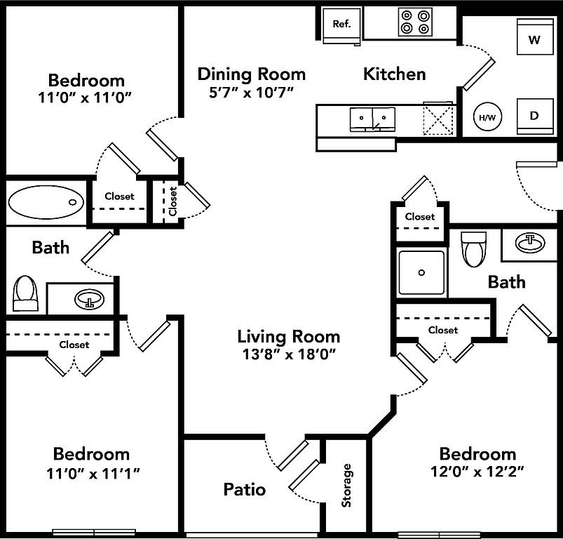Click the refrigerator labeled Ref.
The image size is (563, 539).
341,24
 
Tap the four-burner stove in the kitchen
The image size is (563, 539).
414,22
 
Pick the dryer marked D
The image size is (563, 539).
534,116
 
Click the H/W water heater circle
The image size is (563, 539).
487,117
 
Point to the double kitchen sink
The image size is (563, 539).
372,119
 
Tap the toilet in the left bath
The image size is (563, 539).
25,293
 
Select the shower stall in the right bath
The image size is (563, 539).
421,272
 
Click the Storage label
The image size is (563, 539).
346,485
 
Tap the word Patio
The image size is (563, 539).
245,489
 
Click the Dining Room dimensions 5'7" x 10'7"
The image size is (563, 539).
251,92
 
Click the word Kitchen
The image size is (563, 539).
394,74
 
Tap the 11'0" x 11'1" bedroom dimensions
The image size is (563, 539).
91,473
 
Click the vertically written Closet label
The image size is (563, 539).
172,201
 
